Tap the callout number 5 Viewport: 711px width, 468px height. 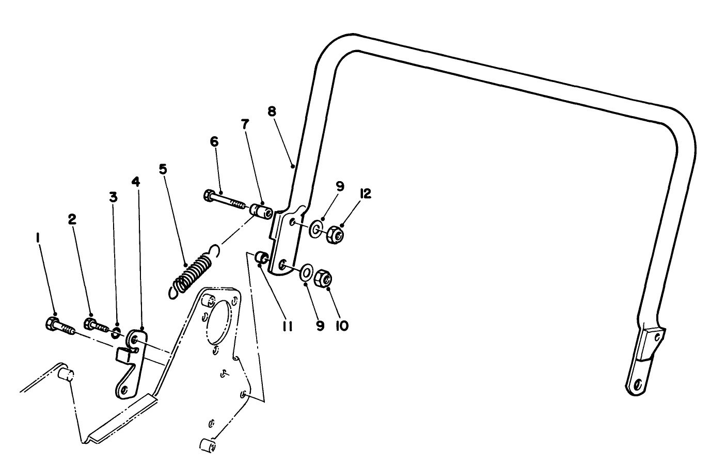163,169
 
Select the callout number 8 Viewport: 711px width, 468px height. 272,111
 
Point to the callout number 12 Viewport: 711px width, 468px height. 366,193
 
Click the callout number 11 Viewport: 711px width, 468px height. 287,326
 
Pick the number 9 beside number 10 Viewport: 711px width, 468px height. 320,326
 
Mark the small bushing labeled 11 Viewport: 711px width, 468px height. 262,257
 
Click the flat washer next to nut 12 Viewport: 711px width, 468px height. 316,229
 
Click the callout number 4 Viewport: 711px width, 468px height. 135,182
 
